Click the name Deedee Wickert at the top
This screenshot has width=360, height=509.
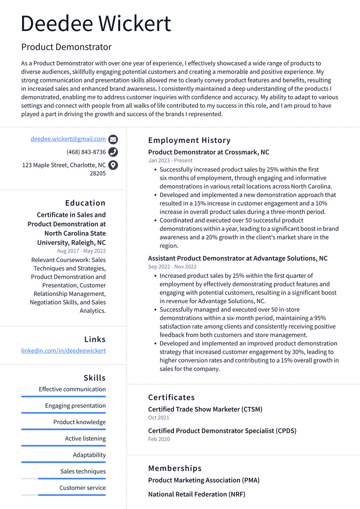coord(96,24)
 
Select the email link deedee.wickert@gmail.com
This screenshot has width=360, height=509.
coord(68,139)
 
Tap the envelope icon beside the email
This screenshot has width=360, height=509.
coord(113,139)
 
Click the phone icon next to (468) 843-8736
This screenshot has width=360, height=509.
coord(113,152)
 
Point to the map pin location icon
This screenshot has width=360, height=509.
coord(113,165)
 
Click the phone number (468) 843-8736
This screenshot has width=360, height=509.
coord(86,152)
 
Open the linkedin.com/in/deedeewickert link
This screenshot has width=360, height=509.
coord(63,351)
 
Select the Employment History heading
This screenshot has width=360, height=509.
coord(189,140)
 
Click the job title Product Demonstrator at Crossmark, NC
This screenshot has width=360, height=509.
coord(209,152)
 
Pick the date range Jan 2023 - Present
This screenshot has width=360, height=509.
coord(170,161)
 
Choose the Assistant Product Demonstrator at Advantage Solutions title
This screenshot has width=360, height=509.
coord(238,258)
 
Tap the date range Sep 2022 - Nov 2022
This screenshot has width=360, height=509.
coord(172,267)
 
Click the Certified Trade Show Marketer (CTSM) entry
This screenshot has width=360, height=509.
coord(205,409)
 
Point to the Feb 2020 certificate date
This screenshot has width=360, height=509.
coord(159,439)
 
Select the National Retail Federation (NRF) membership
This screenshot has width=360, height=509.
coord(196,494)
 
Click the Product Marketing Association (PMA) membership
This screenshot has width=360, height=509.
coord(204,480)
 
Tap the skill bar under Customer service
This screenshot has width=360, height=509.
coord(63,495)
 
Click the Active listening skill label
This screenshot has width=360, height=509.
coord(85,439)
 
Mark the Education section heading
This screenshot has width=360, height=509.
coord(85,203)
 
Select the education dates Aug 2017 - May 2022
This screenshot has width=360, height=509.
coord(81,251)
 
